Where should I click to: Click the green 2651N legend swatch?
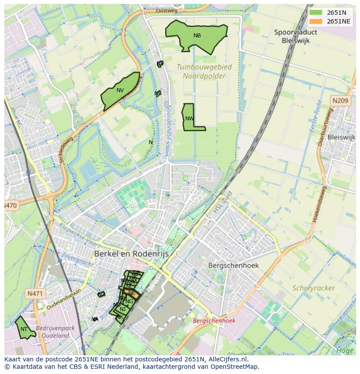point(316,13)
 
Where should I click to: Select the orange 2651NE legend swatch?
point(316,21)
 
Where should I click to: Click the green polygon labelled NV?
point(120,91)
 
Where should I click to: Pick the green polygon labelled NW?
point(189,118)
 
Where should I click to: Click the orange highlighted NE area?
point(132,294)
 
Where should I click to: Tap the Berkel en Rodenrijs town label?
point(131,254)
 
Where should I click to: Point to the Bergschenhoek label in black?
point(233,265)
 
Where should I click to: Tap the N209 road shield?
point(340,101)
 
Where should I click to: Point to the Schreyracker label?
point(313,288)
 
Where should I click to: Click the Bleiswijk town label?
point(342,137)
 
